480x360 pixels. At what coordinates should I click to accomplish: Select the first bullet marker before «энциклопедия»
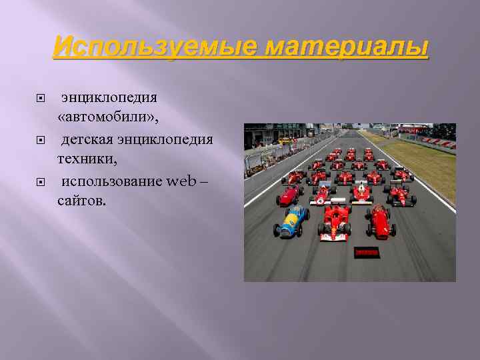40,98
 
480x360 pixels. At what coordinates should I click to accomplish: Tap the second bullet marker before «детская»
40,140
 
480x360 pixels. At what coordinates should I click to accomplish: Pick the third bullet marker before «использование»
40,182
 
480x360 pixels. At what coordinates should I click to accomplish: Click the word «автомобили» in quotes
107,118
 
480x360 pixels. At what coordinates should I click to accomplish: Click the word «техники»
82,160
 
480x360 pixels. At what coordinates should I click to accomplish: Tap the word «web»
181,181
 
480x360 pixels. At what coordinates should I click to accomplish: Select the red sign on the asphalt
367,253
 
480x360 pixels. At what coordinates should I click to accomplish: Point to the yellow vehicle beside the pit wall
285,141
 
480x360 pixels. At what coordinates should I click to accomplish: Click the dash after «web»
202,181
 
